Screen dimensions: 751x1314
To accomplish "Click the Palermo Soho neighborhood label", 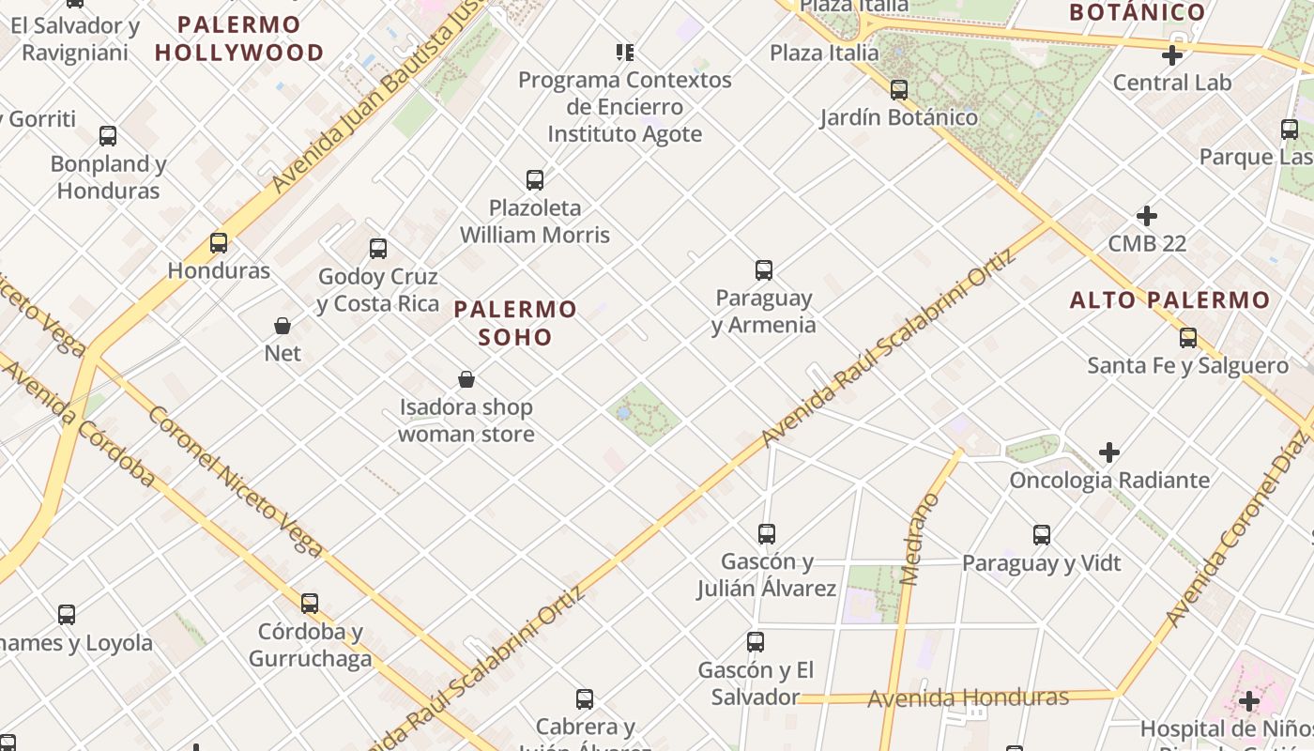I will pyautogui.click(x=515, y=322).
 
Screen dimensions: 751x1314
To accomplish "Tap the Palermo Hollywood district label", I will pyautogui.click(x=239, y=38).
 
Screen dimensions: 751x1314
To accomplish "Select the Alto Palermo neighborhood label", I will pyautogui.click(x=1169, y=300).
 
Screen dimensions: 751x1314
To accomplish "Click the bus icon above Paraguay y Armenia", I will pyautogui.click(x=764, y=270).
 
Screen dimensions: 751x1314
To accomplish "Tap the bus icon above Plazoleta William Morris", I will pyautogui.click(x=535, y=179).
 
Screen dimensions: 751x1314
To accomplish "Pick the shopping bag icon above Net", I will pyautogui.click(x=283, y=326).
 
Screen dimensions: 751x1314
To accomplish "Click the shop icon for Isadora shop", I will pyautogui.click(x=466, y=379).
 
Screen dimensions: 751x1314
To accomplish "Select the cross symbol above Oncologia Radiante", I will pyautogui.click(x=1109, y=452).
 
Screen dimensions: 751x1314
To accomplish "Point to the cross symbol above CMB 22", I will pyautogui.click(x=1146, y=216).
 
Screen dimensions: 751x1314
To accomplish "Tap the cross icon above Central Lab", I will pyautogui.click(x=1171, y=55).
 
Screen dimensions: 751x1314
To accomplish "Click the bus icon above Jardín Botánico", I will pyautogui.click(x=899, y=90).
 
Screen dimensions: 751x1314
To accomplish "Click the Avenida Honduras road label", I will pyautogui.click(x=968, y=698).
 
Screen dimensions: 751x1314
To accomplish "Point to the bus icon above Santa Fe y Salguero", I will pyautogui.click(x=1188, y=338).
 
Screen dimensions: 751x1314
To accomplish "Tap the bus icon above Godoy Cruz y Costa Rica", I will pyautogui.click(x=378, y=249).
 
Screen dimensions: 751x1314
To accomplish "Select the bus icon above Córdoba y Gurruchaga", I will pyautogui.click(x=310, y=604).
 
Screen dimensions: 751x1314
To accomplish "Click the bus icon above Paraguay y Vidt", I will pyautogui.click(x=1042, y=535).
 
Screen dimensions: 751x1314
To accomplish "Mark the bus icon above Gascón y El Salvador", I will pyautogui.click(x=756, y=642).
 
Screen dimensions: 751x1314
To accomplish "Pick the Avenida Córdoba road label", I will pyautogui.click(x=79, y=424).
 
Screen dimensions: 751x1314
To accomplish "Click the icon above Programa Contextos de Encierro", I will pyautogui.click(x=624, y=52).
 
